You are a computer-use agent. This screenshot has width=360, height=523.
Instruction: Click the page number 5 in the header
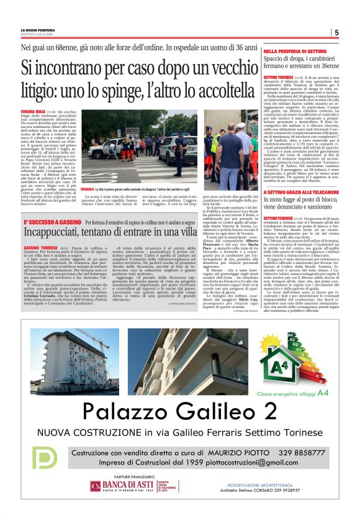pyautogui.click(x=336, y=32)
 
